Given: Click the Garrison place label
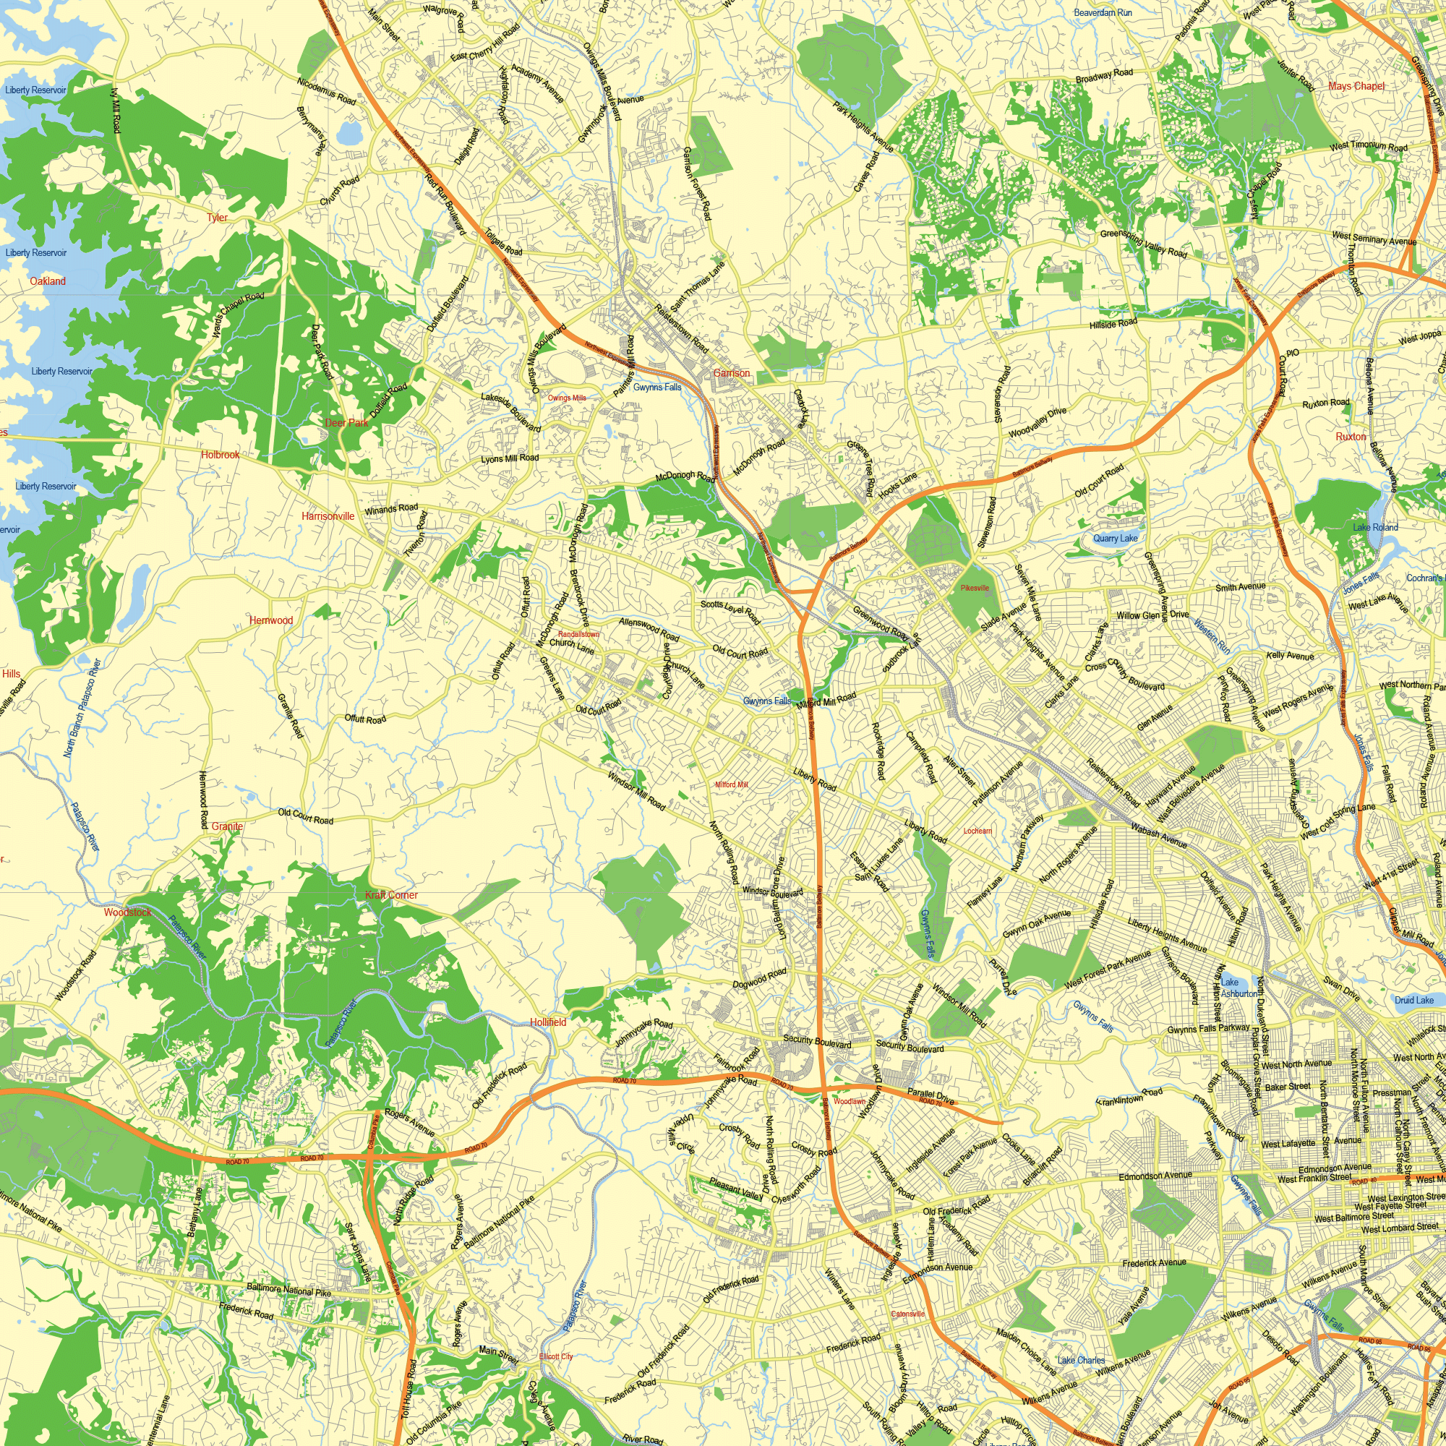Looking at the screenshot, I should click(730, 373).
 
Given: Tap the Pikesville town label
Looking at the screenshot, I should click(975, 588).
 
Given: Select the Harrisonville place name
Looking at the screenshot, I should click(328, 516).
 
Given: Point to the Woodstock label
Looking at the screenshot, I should click(127, 912).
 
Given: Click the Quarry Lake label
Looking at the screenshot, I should click(1115, 538).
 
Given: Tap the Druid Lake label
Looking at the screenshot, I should click(1413, 1000).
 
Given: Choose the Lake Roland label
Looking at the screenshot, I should click(1375, 527).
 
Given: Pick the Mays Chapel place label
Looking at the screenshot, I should click(1356, 86).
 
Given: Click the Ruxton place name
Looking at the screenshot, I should click(1351, 437).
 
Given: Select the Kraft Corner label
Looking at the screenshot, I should click(391, 895).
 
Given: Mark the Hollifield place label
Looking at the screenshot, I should click(548, 1022).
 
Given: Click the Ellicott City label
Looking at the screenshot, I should click(555, 1356).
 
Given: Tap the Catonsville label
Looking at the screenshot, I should click(908, 1314).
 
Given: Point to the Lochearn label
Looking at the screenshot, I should click(977, 831).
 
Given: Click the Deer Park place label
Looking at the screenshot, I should click(346, 423).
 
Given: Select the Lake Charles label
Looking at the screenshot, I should click(1081, 1360).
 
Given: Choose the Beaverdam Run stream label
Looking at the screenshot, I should click(1103, 13).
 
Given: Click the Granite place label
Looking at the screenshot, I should click(227, 826).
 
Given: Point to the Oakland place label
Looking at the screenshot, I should click(48, 281).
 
